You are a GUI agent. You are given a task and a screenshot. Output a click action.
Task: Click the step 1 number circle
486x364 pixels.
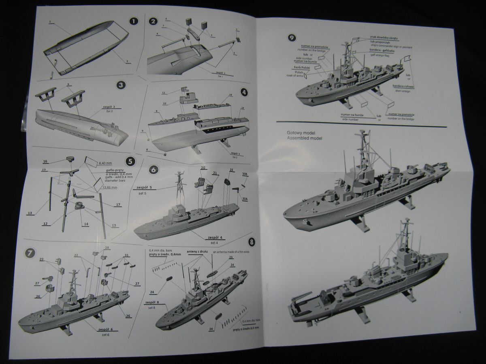[134, 21]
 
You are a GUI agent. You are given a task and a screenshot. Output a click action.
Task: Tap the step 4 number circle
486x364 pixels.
[244, 92]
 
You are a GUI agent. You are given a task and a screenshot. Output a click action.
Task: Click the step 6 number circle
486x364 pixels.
[153, 170]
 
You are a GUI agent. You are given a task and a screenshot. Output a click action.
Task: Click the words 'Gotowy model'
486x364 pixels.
[301, 133]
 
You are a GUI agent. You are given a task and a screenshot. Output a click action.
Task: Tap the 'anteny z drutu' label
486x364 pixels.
[197, 251]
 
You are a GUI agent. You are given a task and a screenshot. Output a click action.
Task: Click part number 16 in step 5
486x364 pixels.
[45, 161]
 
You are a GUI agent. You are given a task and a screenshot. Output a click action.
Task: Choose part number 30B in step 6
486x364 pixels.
[245, 174]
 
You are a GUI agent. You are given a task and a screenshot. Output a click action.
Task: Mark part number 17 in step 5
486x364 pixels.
[118, 205]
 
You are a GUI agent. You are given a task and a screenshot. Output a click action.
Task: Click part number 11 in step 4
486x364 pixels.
[164, 93]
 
